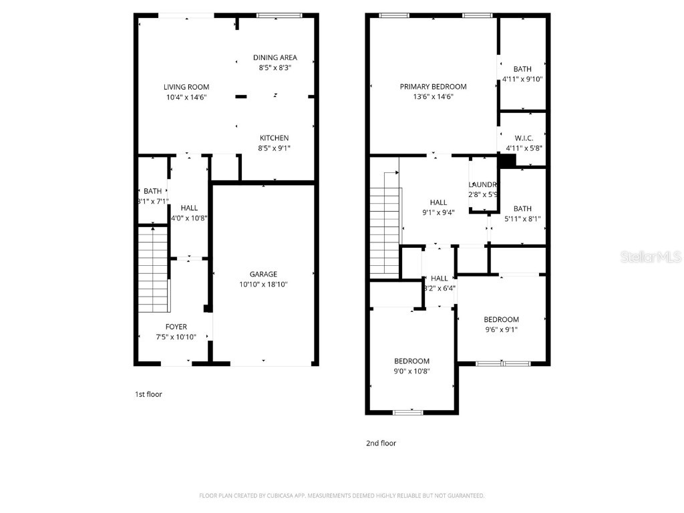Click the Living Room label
pyautogui.click(x=186, y=87)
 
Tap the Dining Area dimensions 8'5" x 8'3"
pyautogui.click(x=275, y=67)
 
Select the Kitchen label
pyautogui.click(x=275, y=138)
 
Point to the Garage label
pyautogui.click(x=263, y=274)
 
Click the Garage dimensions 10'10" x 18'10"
pyautogui.click(x=263, y=285)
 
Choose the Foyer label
pyautogui.click(x=176, y=327)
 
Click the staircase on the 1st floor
pyautogui.click(x=152, y=269)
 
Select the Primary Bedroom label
pyautogui.click(x=433, y=87)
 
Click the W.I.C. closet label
pyautogui.click(x=524, y=138)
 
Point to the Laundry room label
pyautogui.click(x=483, y=185)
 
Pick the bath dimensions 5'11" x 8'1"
pyautogui.click(x=523, y=218)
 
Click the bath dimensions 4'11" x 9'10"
pyautogui.click(x=522, y=79)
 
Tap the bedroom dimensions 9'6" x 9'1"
pyautogui.click(x=501, y=329)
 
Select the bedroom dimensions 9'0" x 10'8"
pyautogui.click(x=411, y=371)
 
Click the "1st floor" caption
pyautogui.click(x=148, y=394)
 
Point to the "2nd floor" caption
pyautogui.click(x=380, y=443)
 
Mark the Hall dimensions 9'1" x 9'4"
pyautogui.click(x=438, y=213)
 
